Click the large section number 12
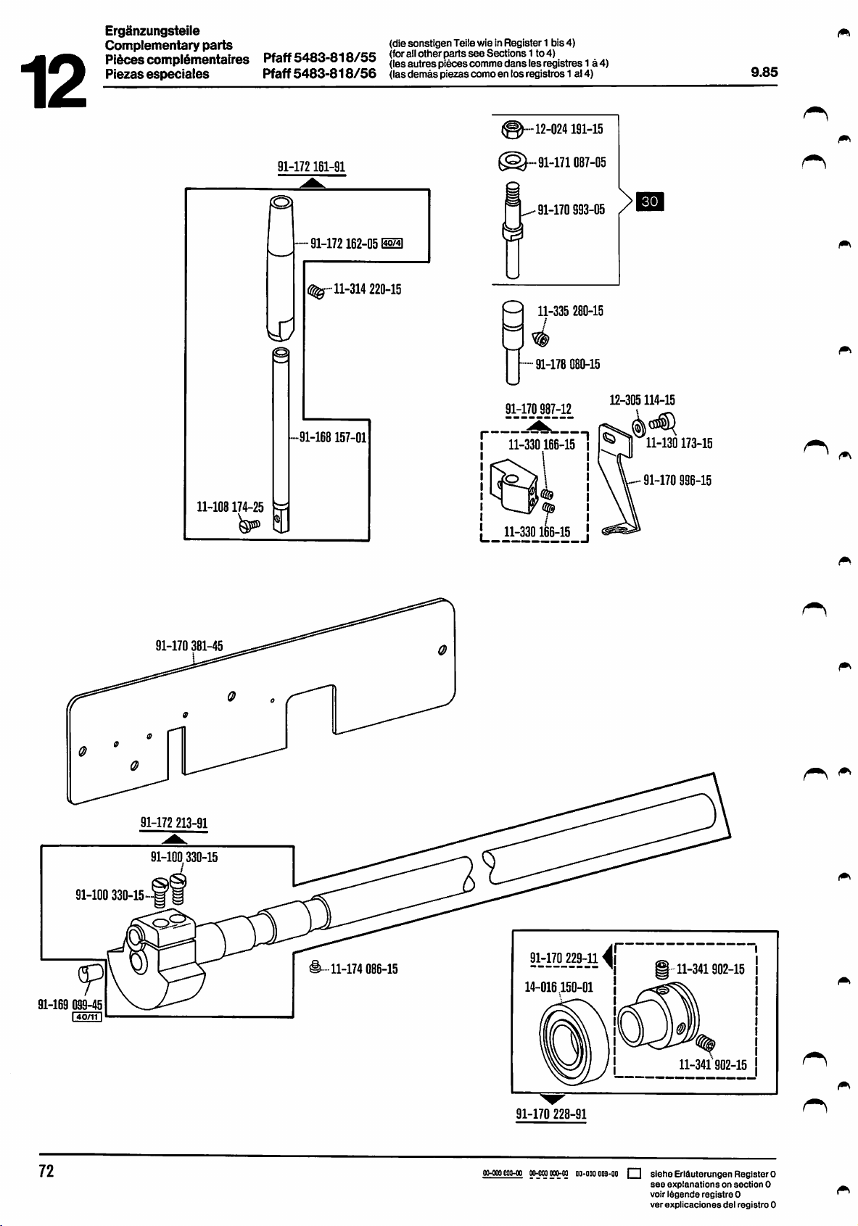[x=52, y=80]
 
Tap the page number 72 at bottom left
[x=46, y=1171]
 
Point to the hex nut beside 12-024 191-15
[x=511, y=130]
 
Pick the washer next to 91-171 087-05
[x=512, y=161]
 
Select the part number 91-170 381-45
[x=189, y=646]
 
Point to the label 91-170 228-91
[x=551, y=1114]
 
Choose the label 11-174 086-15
[x=363, y=969]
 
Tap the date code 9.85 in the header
[x=764, y=73]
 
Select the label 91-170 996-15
[x=677, y=480]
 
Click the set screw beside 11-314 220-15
[x=315, y=291]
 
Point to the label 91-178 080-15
[x=567, y=364]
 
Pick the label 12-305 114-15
[x=642, y=400]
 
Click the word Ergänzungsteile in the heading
[x=152, y=30]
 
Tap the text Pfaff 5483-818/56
[x=319, y=73]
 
